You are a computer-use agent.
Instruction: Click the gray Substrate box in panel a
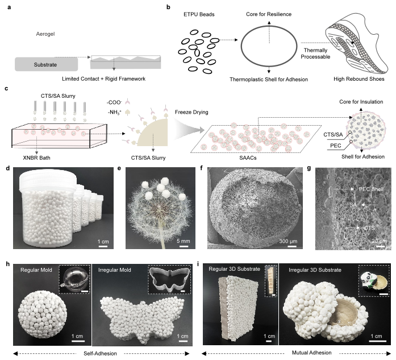[x=46, y=64]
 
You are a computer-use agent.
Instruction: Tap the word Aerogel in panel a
[x=45, y=34]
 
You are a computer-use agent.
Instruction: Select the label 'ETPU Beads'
[x=199, y=14]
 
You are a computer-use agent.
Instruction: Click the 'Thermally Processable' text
[x=315, y=53]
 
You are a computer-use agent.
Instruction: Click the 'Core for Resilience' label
[x=269, y=14]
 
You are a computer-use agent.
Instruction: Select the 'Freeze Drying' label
[x=191, y=112]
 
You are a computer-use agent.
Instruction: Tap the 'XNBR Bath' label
[x=36, y=158]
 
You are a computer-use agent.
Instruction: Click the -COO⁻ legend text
[x=114, y=102]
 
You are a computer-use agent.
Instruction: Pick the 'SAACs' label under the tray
[x=248, y=158]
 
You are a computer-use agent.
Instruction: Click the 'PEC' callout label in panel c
[x=336, y=146]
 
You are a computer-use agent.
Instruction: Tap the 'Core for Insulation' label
[x=361, y=102]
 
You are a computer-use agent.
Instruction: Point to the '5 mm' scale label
[x=184, y=241]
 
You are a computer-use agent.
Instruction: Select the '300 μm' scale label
[x=288, y=241]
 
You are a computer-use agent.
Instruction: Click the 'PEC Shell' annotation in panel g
[x=371, y=189]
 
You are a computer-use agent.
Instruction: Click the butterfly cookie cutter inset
[x=169, y=280]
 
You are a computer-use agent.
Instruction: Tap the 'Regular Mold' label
[x=36, y=270]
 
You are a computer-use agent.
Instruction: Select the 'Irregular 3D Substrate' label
[x=315, y=270]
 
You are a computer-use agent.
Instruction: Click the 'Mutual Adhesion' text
[x=312, y=353]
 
